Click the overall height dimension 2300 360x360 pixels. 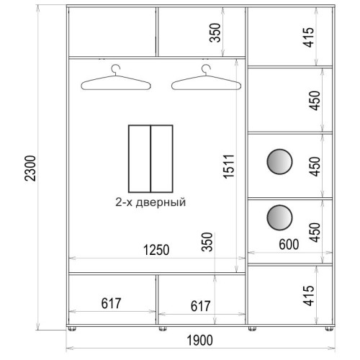(x=30, y=168)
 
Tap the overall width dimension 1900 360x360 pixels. (x=199, y=341)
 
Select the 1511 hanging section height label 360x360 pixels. (x=228, y=166)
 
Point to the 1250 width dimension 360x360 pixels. (x=156, y=250)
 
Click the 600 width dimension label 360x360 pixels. (x=289, y=245)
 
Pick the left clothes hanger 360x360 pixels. (x=116, y=77)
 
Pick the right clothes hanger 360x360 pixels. (x=206, y=77)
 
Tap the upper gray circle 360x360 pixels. (x=279, y=161)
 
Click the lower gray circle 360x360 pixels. (x=279, y=217)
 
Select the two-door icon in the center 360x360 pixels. (x=150, y=159)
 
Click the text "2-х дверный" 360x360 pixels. (x=150, y=202)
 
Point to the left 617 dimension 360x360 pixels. (x=111, y=303)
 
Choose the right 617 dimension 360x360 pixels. (x=201, y=306)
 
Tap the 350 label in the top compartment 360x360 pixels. (x=215, y=32)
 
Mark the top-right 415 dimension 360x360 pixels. (x=308, y=37)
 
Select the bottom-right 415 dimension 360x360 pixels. (x=308, y=296)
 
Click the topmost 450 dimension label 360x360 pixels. (x=315, y=101)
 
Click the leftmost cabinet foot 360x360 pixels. (x=72, y=328)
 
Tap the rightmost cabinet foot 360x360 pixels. (x=329, y=328)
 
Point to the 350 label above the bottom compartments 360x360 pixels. (x=207, y=242)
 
